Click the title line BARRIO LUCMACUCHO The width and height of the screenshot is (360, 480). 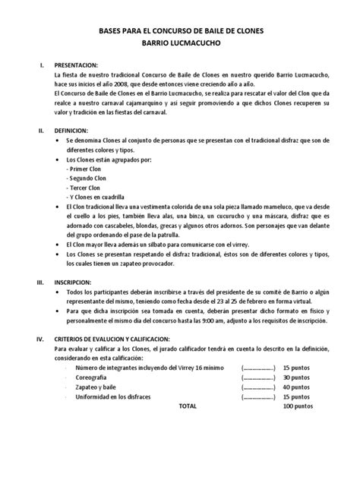coord(180,44)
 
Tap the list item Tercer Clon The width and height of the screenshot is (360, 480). coord(85,188)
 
